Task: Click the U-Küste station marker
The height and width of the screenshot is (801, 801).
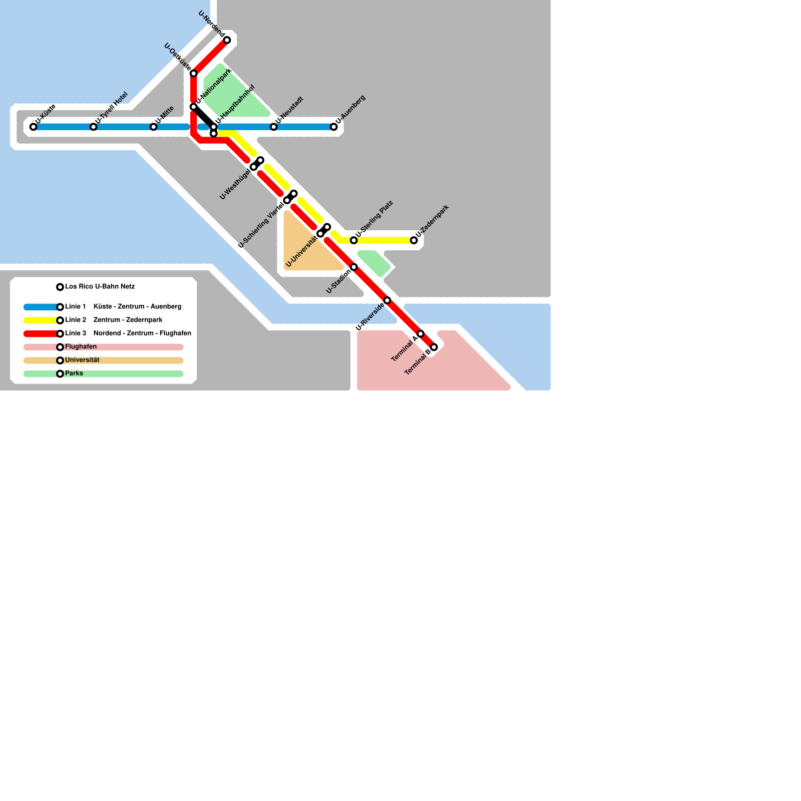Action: (x=33, y=127)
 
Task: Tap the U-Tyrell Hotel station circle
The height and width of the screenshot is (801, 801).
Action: (x=93, y=127)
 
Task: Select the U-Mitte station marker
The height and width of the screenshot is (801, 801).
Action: (x=153, y=127)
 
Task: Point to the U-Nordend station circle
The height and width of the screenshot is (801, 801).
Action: (x=227, y=40)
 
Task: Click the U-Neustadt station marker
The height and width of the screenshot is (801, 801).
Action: (x=273, y=127)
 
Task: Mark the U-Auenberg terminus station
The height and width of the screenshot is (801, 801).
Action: (x=333, y=127)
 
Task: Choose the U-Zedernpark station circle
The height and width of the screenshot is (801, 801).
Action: (x=414, y=240)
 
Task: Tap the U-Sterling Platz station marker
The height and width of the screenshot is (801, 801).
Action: (x=353, y=240)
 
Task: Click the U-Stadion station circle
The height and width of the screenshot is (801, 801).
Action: (x=353, y=267)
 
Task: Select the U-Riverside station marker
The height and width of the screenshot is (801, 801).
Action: (x=387, y=300)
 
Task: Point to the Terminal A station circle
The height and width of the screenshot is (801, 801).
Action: (x=421, y=333)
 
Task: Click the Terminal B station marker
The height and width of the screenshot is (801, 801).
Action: (x=434, y=347)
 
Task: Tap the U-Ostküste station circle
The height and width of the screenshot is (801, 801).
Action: (x=193, y=74)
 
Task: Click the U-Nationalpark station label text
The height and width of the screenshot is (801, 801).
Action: (x=214, y=86)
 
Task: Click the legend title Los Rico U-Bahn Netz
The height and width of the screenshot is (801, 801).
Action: (x=100, y=286)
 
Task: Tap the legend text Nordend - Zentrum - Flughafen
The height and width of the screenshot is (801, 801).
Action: (x=142, y=333)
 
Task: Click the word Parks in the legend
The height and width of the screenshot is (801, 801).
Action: (x=74, y=373)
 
